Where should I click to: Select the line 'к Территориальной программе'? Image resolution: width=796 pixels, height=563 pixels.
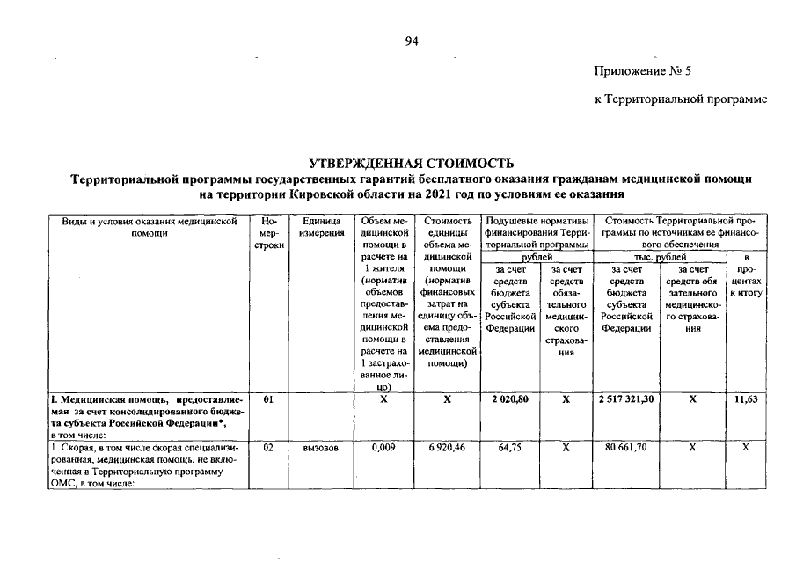tap(681, 99)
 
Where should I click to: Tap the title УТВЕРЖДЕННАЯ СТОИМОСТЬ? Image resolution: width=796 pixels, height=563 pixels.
tap(409, 164)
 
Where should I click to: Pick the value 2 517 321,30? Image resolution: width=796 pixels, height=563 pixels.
tap(628, 399)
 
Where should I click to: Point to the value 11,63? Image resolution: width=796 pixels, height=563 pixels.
tap(746, 399)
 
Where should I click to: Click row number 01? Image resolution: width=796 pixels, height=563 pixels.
tap(268, 399)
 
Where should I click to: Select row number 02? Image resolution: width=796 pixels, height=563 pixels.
tap(268, 448)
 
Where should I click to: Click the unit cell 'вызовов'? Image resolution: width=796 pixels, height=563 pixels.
tap(315, 448)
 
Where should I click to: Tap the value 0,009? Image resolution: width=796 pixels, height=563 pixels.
tap(382, 448)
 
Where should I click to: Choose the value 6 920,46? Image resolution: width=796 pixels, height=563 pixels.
tap(447, 448)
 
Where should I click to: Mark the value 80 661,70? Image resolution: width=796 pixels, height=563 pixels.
tap(628, 448)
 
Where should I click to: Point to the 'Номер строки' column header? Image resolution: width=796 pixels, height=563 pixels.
tap(268, 233)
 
